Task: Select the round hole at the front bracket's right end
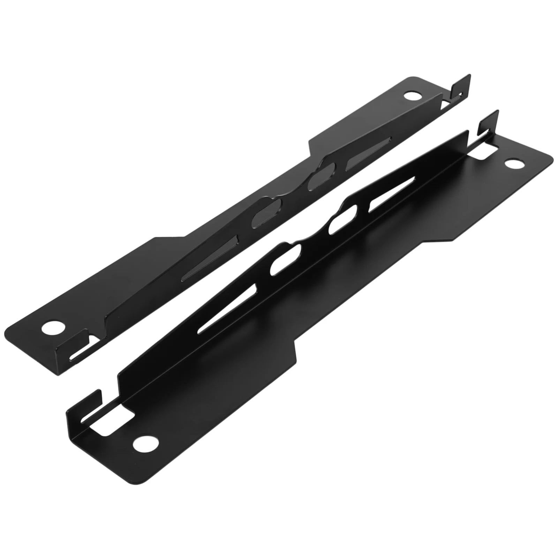tap(512, 164)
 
